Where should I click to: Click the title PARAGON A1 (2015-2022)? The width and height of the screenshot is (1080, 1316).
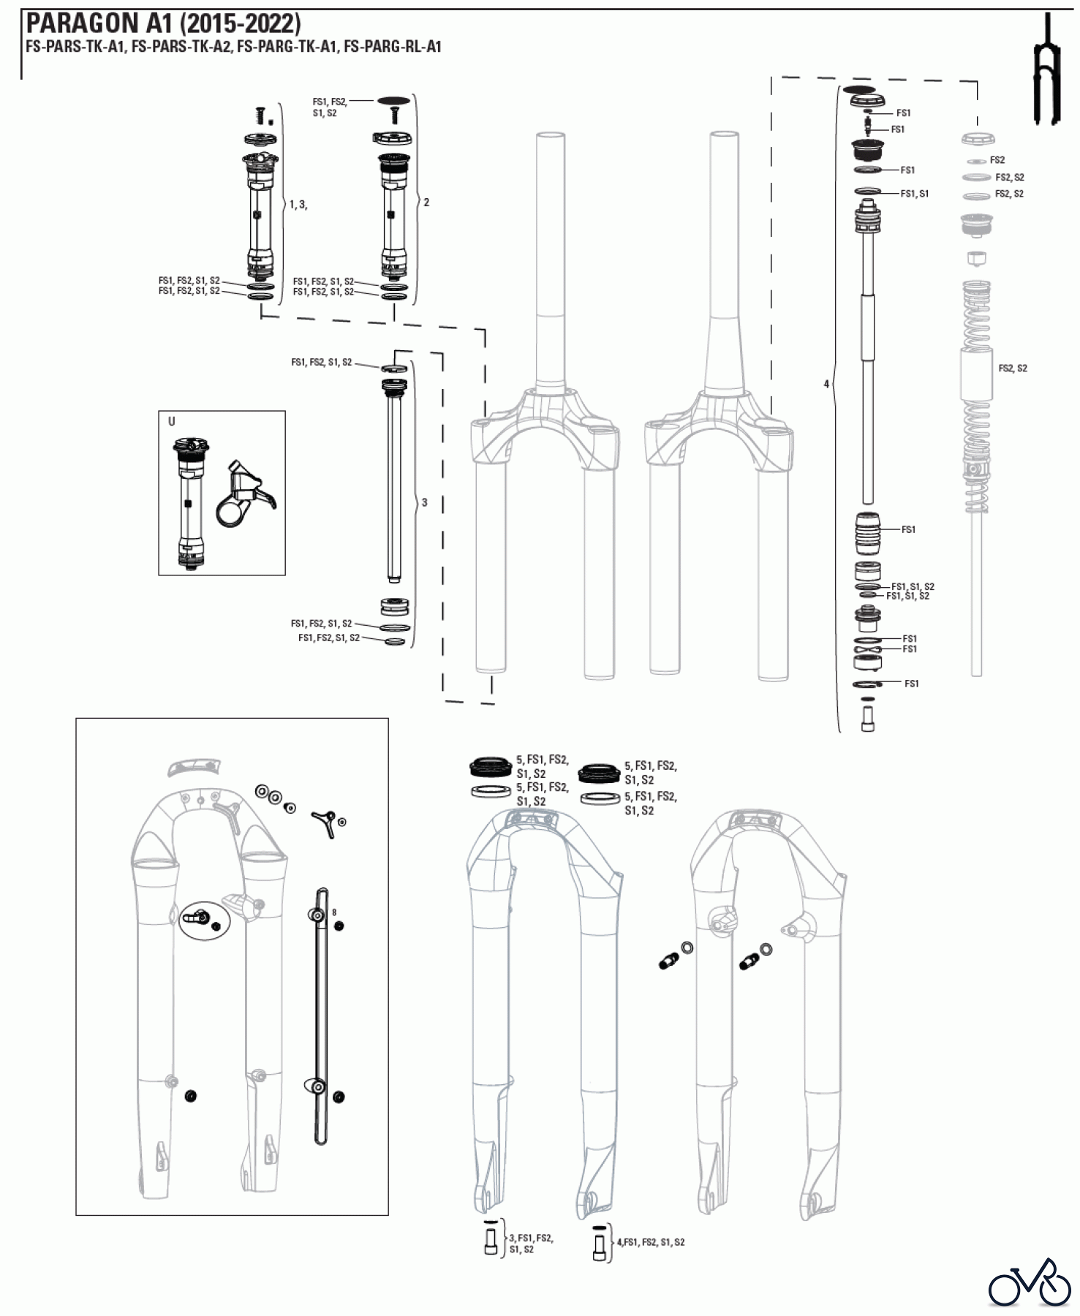163,23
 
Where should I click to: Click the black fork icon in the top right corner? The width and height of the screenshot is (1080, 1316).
1046,69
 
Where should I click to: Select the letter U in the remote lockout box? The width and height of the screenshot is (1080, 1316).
172,422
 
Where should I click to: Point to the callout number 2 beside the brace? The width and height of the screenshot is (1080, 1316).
426,203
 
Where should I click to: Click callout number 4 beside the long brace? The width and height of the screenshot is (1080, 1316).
826,384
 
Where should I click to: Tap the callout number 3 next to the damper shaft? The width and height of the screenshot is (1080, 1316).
425,503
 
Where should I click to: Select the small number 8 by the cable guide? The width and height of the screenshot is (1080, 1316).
334,912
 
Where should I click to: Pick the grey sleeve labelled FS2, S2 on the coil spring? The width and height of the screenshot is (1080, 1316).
976,373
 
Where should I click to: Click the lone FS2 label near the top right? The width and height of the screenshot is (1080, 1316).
997,160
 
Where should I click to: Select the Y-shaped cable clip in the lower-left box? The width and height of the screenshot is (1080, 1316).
325,822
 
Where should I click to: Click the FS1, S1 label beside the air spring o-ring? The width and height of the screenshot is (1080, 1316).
914,194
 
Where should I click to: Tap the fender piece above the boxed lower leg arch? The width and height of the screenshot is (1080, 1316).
192,767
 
